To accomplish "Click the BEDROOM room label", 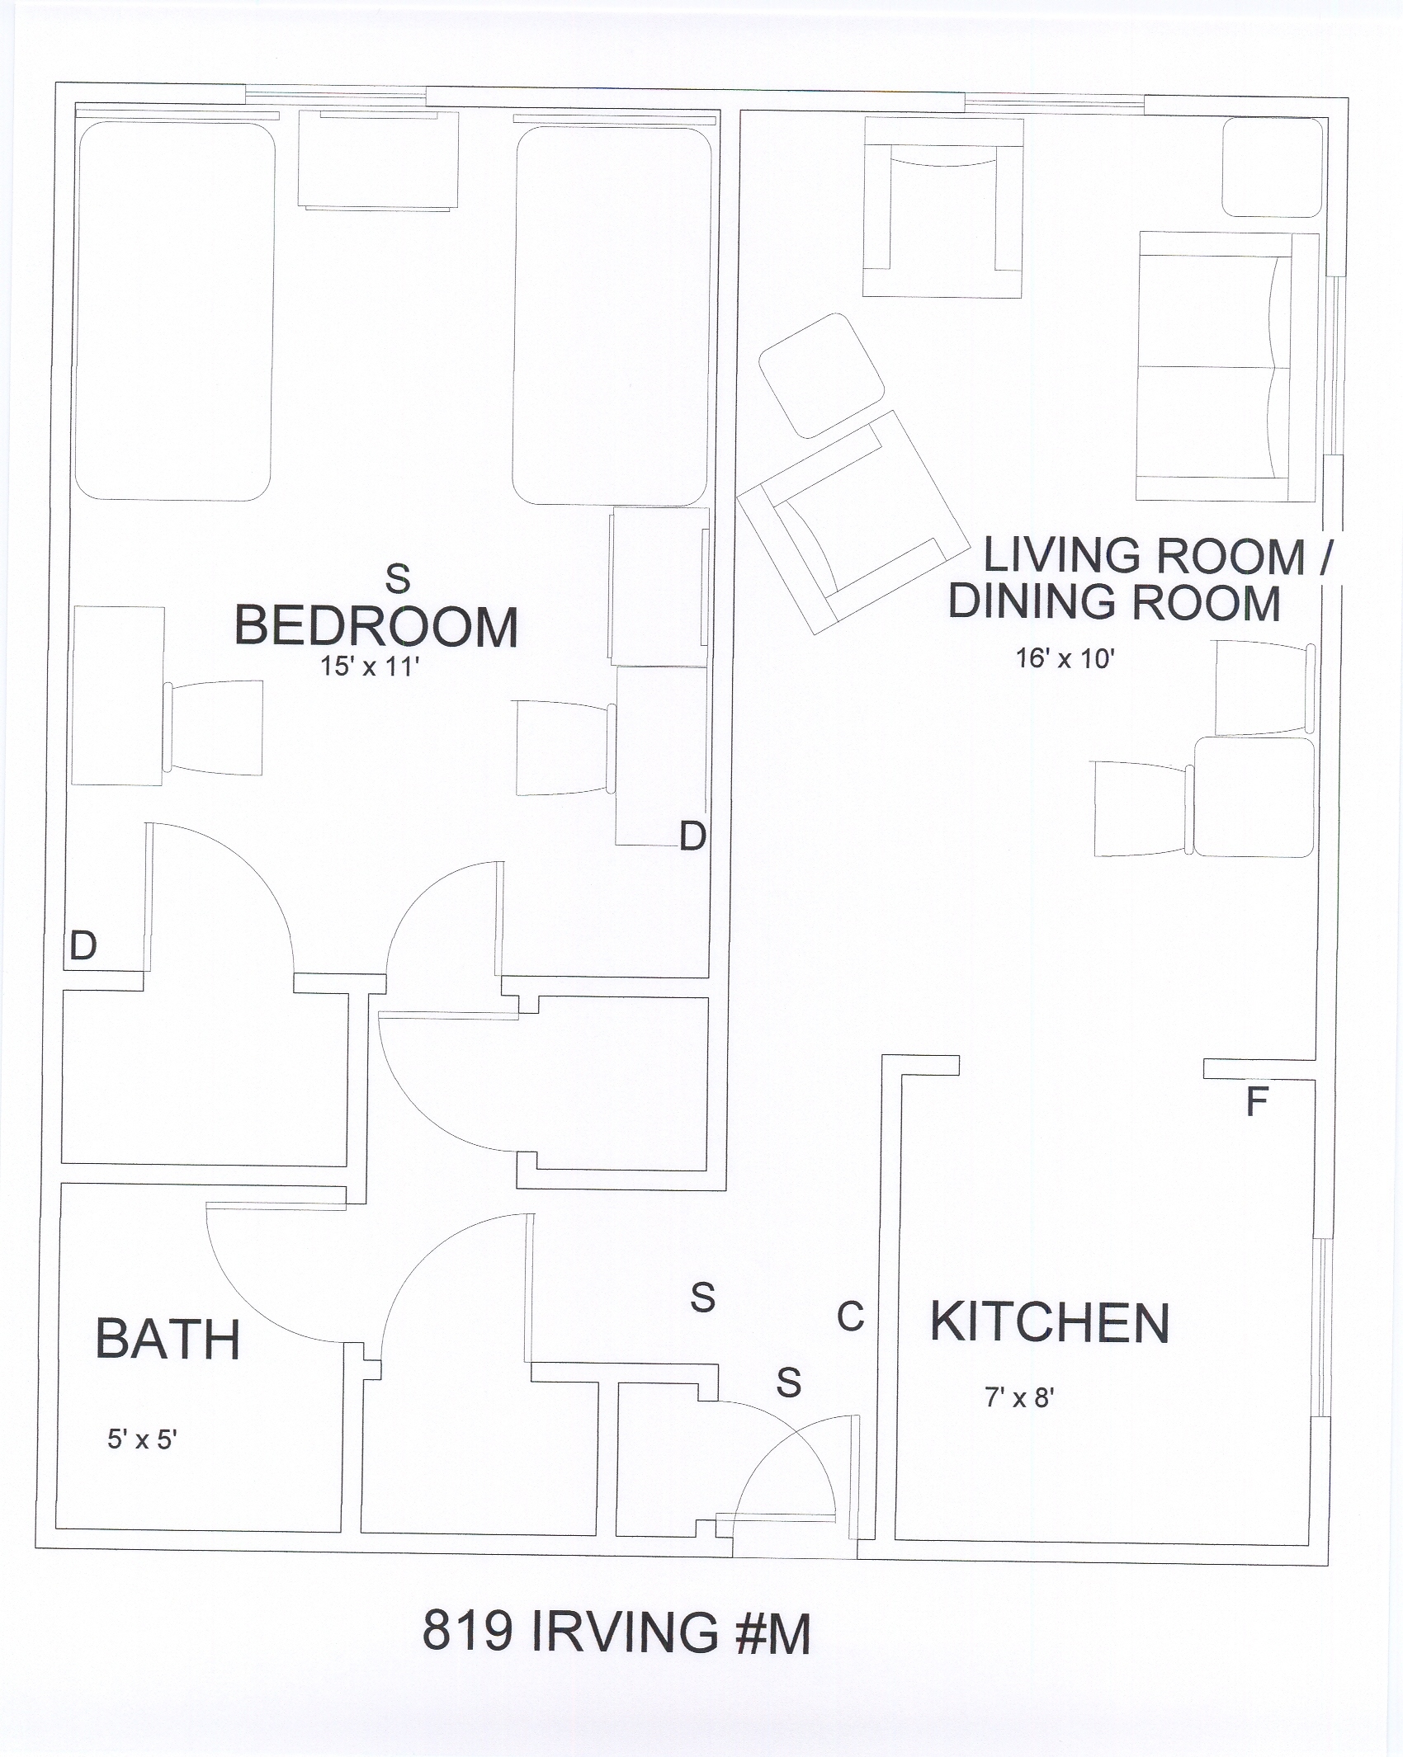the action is pos(376,626).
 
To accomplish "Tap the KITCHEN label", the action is pos(1050,1322).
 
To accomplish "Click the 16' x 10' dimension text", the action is pos(1065,658).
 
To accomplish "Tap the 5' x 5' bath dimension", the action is pos(142,1439).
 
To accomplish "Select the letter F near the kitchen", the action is pos(1256,1102).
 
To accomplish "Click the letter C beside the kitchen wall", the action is pos(851,1317).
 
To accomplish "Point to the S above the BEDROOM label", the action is pos(398,578).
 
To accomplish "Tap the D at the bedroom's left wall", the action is pos(83,945).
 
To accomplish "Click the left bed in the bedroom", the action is pos(175,311).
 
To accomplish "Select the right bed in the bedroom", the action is pos(612,315).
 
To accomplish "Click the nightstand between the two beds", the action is pos(378,159).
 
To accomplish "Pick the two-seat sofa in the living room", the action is pos(1227,367).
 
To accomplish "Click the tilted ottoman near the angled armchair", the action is pos(821,375).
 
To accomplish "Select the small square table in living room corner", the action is pos(1273,167).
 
